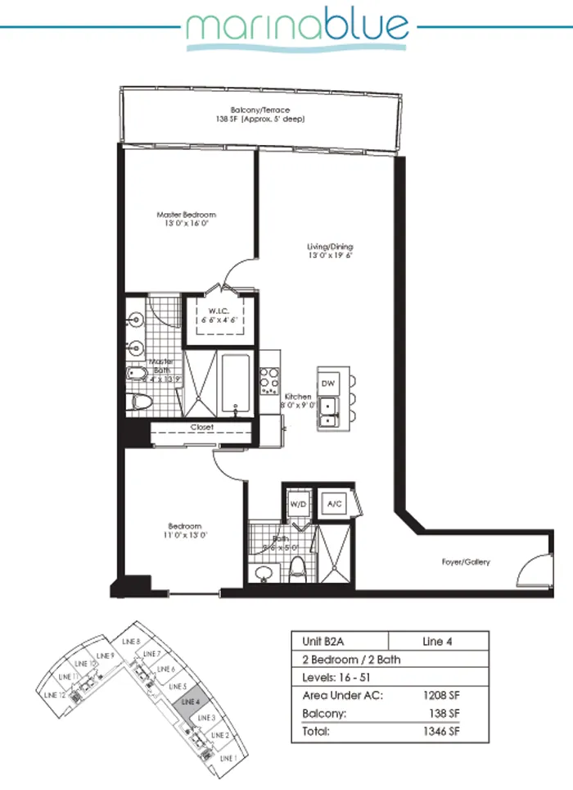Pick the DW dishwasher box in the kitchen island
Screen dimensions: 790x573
point(329,384)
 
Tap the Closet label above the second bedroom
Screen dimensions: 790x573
point(201,428)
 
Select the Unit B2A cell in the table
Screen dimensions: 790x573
point(317,642)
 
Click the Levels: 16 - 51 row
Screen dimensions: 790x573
point(345,678)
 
